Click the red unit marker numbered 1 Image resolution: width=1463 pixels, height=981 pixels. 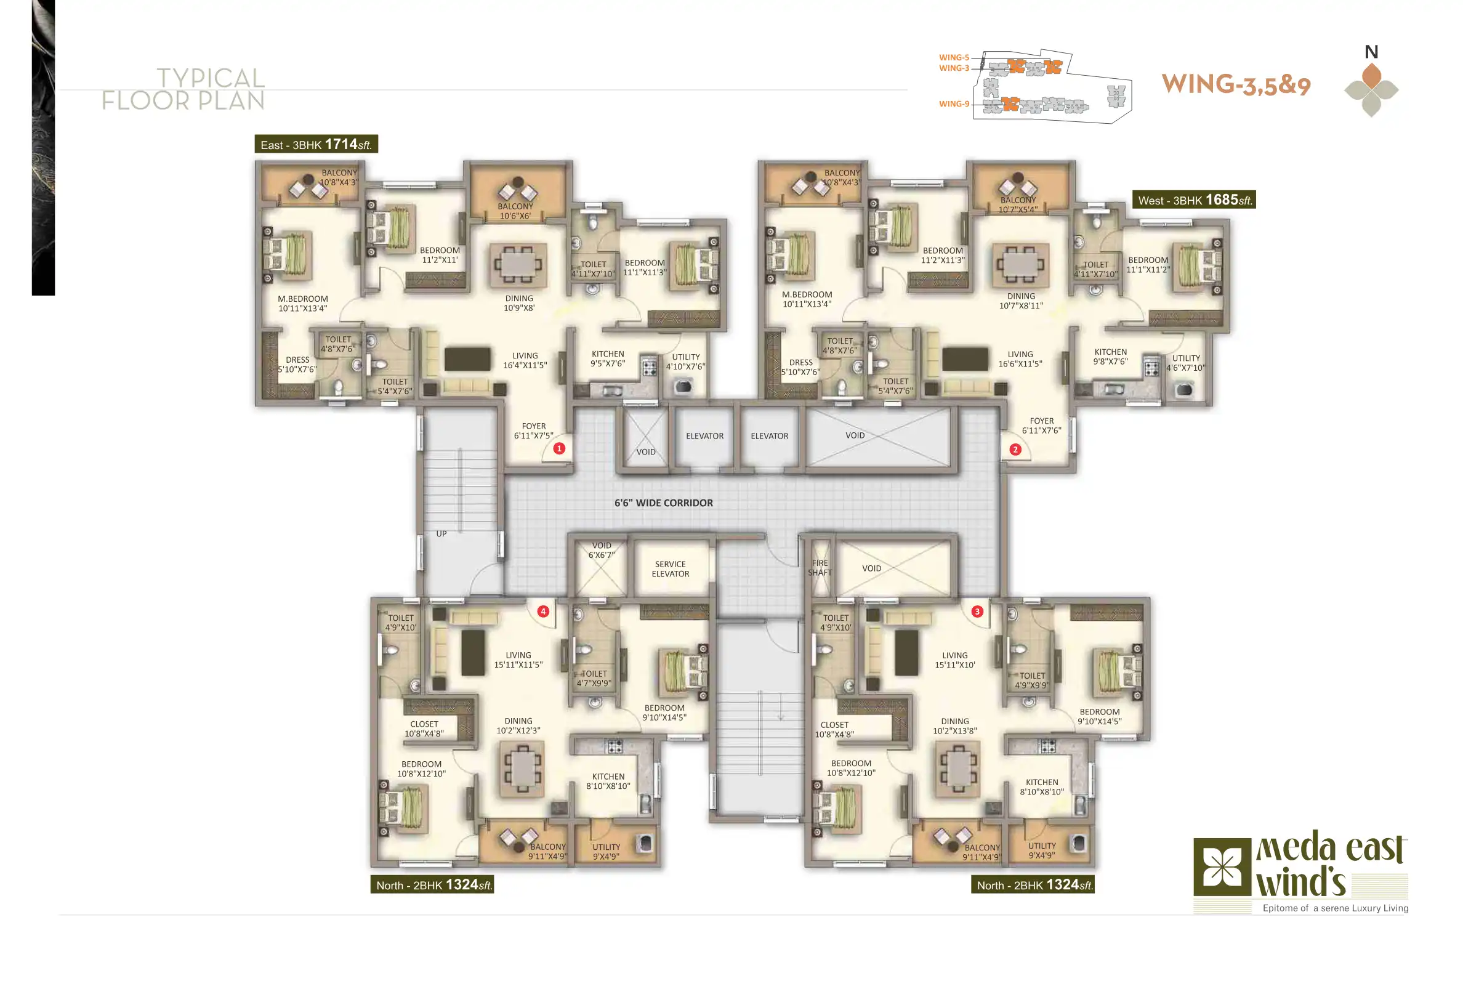click(x=559, y=448)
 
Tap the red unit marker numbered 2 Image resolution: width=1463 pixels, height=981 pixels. click(x=1015, y=449)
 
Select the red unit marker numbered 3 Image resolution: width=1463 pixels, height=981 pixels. click(x=977, y=612)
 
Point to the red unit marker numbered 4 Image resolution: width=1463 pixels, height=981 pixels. click(x=543, y=612)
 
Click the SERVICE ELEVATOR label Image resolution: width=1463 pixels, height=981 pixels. click(x=671, y=568)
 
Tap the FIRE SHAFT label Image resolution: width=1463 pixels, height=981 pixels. click(x=820, y=567)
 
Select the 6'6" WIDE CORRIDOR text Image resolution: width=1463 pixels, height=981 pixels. click(x=664, y=503)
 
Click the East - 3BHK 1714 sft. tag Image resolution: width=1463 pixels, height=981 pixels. click(x=316, y=144)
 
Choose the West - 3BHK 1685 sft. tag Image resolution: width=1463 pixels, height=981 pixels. click(x=1194, y=200)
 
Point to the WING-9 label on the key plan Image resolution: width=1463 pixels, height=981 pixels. click(x=954, y=104)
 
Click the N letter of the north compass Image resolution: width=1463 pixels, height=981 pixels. click(x=1371, y=51)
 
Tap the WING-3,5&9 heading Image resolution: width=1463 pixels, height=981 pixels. click(x=1236, y=84)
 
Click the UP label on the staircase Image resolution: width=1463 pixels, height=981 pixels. click(x=441, y=534)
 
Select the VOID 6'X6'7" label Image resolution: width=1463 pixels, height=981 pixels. click(x=602, y=550)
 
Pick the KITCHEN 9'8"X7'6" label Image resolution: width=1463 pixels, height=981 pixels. click(x=1110, y=357)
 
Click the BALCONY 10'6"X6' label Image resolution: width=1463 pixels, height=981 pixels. click(x=515, y=211)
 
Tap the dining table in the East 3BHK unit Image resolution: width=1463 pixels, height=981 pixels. click(x=518, y=264)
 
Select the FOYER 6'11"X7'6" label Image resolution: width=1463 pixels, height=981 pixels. click(x=1041, y=426)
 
